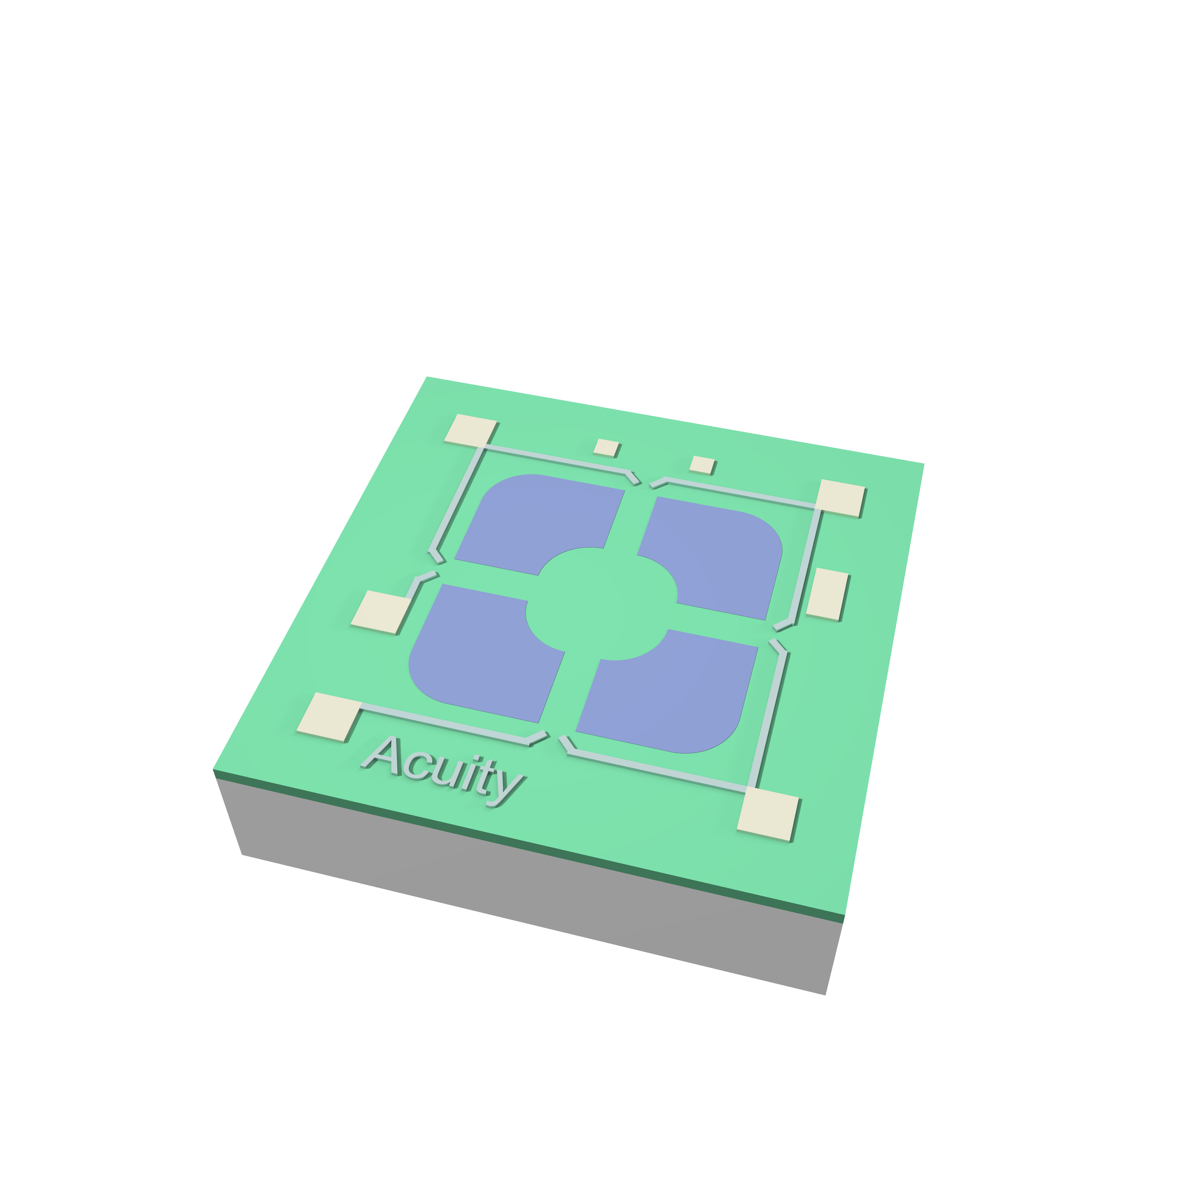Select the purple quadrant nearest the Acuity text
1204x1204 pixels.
tap(480, 651)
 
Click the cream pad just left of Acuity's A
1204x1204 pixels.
tap(329, 717)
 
